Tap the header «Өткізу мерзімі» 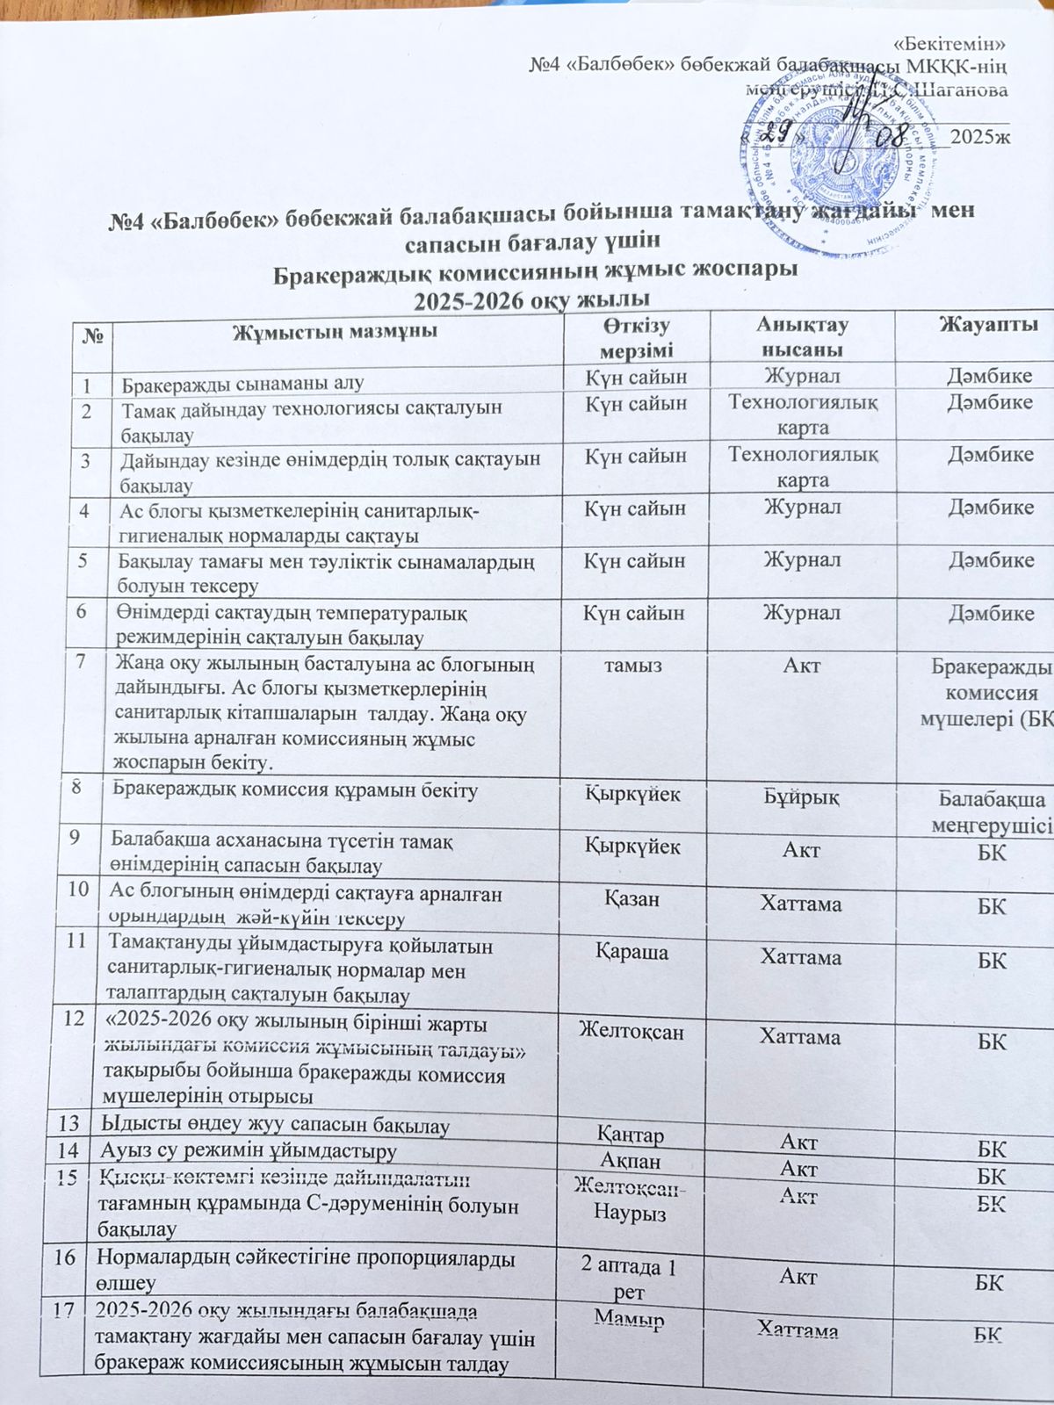point(636,338)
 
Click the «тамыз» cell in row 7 point(632,666)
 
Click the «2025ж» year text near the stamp point(980,136)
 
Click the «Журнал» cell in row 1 point(801,378)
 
